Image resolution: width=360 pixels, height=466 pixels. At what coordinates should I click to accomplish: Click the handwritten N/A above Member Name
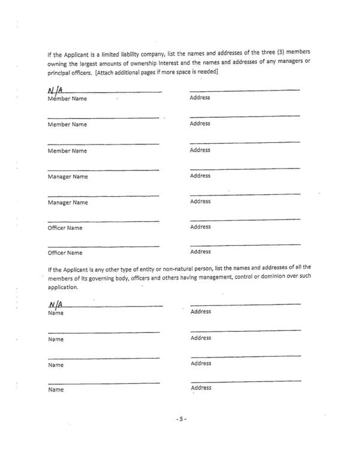click(x=55, y=91)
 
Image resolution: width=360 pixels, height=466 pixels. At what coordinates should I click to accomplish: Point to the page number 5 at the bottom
click(x=180, y=419)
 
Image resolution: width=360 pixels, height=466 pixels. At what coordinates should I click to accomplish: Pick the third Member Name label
click(x=67, y=151)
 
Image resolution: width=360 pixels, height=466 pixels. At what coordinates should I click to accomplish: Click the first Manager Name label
click(x=68, y=177)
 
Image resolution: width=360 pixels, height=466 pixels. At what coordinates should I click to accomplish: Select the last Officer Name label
click(x=65, y=253)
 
